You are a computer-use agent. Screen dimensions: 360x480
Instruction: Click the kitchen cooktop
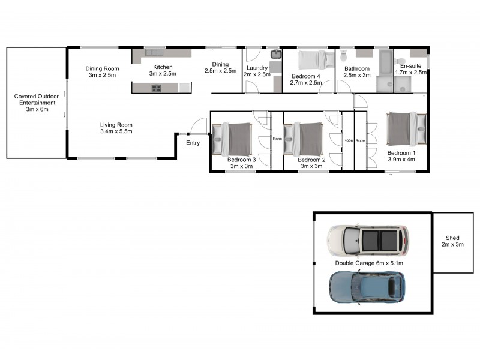coord(156,88)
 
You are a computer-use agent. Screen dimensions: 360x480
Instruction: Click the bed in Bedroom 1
coord(407,128)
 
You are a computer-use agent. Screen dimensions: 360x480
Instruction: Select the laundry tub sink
coord(276,55)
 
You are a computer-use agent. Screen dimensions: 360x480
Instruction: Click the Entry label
coord(193,143)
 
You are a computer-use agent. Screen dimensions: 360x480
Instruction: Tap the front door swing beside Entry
coord(196,126)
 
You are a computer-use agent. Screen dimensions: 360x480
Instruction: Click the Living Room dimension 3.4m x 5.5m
coord(116,131)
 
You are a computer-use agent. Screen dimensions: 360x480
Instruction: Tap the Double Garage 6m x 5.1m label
coord(369,263)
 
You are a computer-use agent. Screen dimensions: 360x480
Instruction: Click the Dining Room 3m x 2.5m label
coord(101,71)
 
